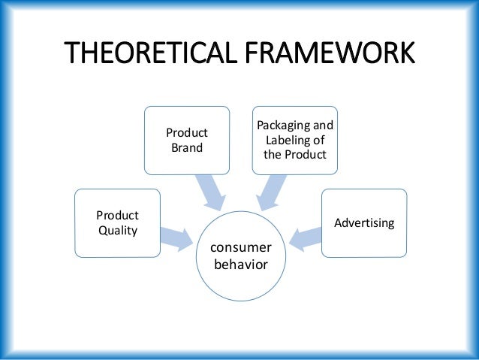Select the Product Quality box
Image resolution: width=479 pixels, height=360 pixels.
pos(117,222)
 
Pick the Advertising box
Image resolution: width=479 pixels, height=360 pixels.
pos(364,223)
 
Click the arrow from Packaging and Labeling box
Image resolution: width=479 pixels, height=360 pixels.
pos(271,190)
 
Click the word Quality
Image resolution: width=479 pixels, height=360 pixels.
pos(118,231)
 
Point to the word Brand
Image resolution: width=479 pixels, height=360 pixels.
pos(187,148)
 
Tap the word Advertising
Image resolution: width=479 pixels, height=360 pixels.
pos(364,224)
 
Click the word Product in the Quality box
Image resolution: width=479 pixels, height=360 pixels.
pos(117,215)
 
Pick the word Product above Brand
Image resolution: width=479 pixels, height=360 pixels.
pos(187,133)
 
